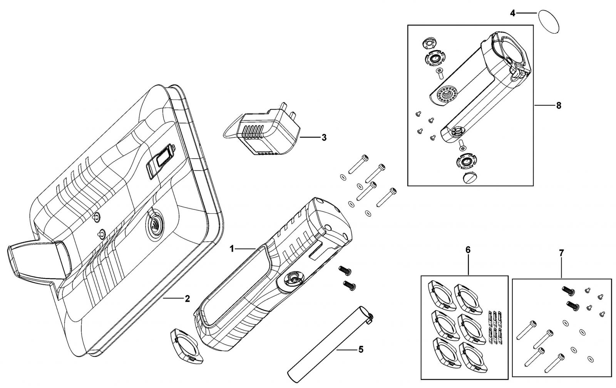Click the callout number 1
click(x=232, y=249)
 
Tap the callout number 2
click(x=187, y=299)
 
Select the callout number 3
click(x=324, y=138)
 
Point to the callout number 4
click(x=512, y=13)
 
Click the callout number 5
click(x=361, y=349)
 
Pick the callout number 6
click(x=468, y=250)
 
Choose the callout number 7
click(x=561, y=252)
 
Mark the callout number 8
click(x=559, y=106)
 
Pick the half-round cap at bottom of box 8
click(x=470, y=178)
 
